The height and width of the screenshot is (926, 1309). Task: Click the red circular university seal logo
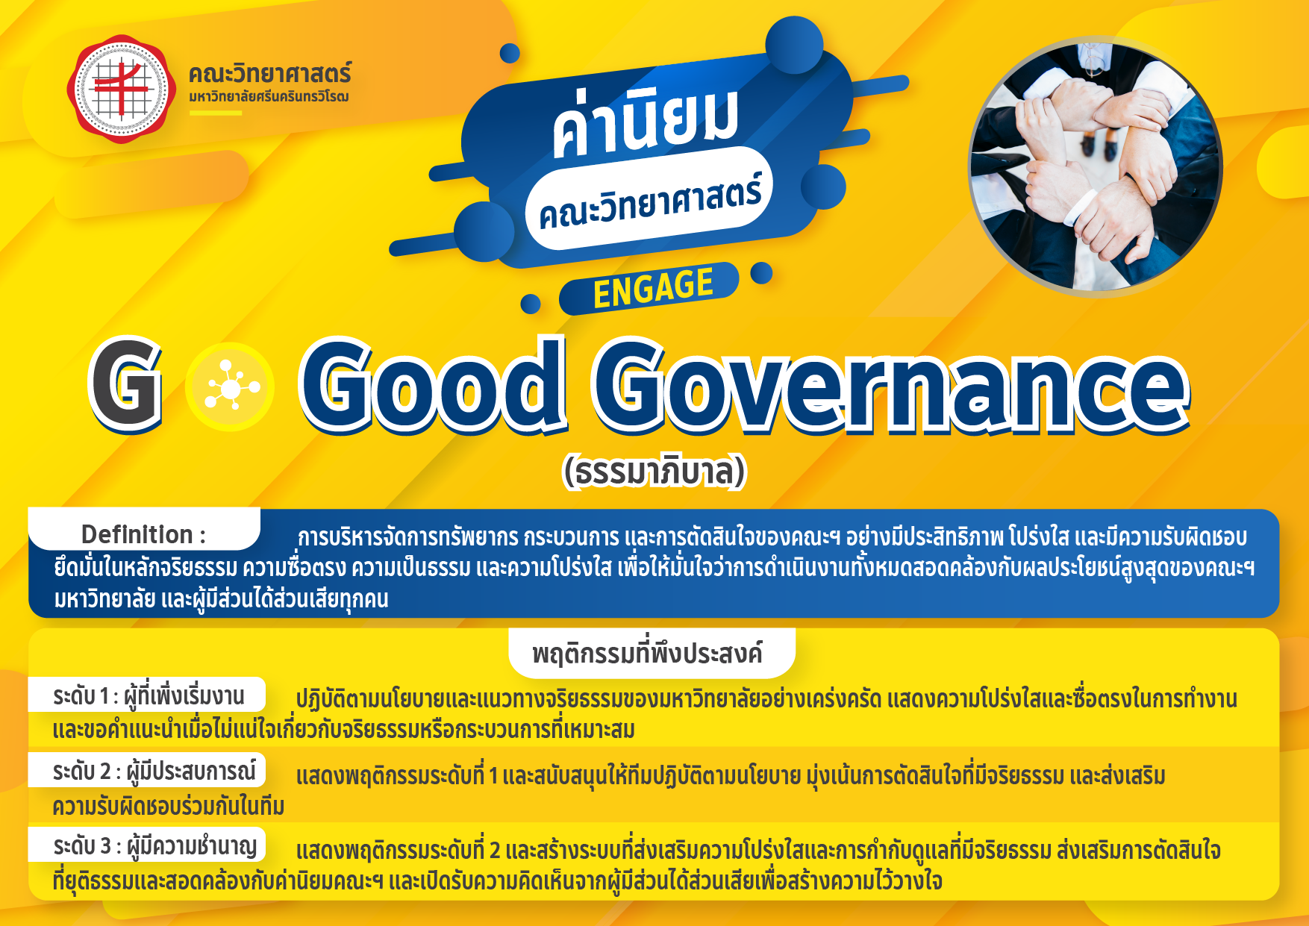[x=122, y=89]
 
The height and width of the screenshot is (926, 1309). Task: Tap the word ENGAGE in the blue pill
[x=653, y=287]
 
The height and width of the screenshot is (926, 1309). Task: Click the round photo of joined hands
[x=1095, y=166]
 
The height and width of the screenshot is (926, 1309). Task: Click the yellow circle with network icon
[x=230, y=387]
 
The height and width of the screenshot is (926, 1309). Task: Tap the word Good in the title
[x=432, y=386]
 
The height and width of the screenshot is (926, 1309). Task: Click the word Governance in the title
[x=890, y=386]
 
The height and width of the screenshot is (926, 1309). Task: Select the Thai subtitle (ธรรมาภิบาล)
[x=654, y=472]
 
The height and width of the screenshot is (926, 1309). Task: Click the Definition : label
[x=143, y=534]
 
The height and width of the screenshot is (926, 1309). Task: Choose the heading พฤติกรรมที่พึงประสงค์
[x=647, y=654]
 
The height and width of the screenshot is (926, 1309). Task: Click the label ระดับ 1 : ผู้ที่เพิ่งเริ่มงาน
[x=149, y=695]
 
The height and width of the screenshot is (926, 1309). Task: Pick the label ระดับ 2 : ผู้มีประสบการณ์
[x=154, y=771]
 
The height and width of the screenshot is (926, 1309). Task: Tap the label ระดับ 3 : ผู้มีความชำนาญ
[x=155, y=846]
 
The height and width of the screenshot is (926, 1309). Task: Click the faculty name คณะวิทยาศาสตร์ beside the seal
[x=269, y=74]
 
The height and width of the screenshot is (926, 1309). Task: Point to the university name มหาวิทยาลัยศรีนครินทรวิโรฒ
[x=269, y=96]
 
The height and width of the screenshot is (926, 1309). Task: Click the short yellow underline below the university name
[x=216, y=113]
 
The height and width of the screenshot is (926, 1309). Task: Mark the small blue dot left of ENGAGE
[x=531, y=304]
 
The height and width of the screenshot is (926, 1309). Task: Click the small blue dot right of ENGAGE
[x=761, y=273]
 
